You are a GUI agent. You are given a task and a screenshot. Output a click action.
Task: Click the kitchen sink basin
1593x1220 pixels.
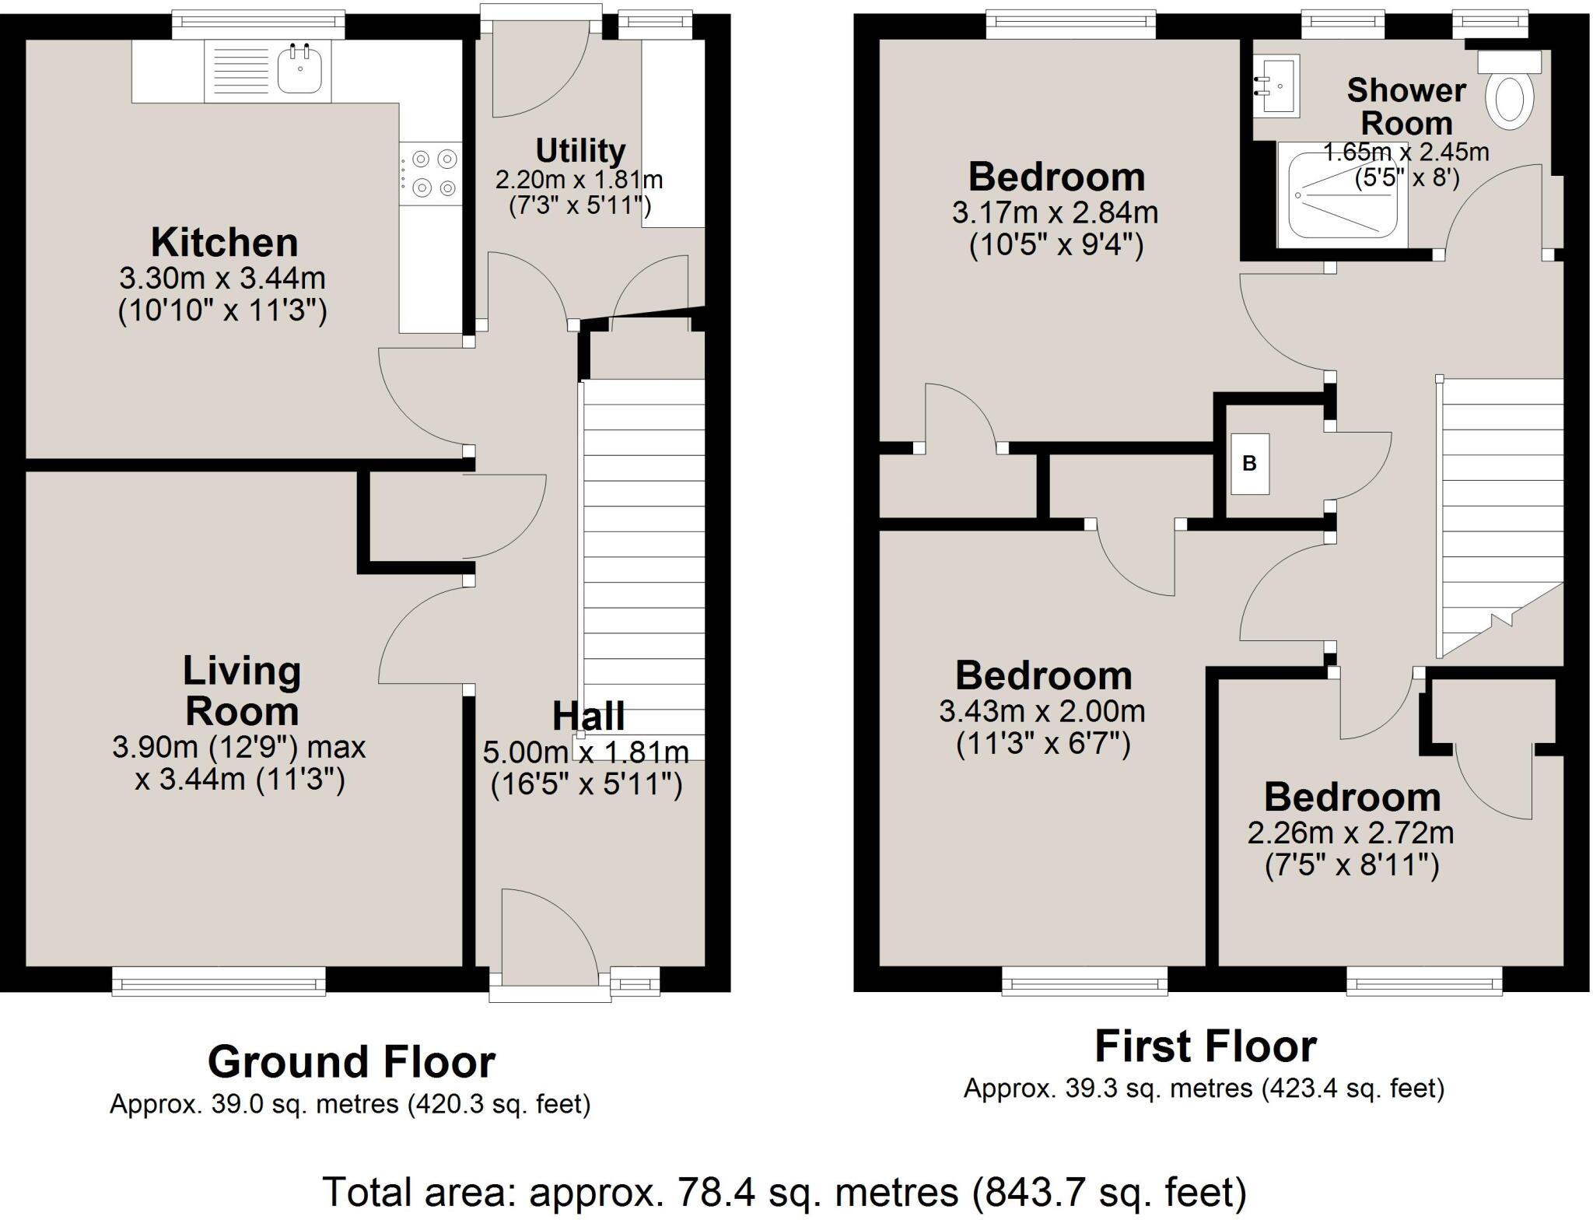pyautogui.click(x=299, y=70)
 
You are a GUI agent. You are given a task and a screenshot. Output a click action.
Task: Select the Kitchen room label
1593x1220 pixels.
pyautogui.click(x=224, y=243)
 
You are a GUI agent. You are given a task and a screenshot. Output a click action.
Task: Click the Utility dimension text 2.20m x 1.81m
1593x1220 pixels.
pyautogui.click(x=579, y=181)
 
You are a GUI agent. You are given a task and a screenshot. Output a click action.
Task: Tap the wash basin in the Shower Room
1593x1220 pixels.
pyautogui.click(x=1278, y=86)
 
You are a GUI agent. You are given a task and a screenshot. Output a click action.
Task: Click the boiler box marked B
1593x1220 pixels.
pyautogui.click(x=1249, y=464)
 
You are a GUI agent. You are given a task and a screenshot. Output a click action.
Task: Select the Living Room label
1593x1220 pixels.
pyautogui.click(x=241, y=691)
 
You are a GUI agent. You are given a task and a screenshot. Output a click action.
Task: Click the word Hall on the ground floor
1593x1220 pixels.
pyautogui.click(x=588, y=717)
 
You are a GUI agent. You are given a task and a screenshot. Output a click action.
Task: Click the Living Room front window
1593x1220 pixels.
pyautogui.click(x=219, y=981)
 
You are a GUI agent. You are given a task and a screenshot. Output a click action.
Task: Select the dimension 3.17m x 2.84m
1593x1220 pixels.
pyautogui.click(x=1055, y=212)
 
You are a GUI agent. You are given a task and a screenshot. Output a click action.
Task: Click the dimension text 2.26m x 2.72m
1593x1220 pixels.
pyautogui.click(x=1350, y=833)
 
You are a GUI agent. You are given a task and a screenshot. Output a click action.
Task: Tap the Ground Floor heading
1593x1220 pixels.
pyautogui.click(x=351, y=1062)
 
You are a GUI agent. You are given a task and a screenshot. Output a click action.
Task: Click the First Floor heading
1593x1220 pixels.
pyautogui.click(x=1205, y=1046)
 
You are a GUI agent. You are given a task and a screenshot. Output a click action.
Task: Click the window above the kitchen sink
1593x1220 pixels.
pyautogui.click(x=257, y=25)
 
